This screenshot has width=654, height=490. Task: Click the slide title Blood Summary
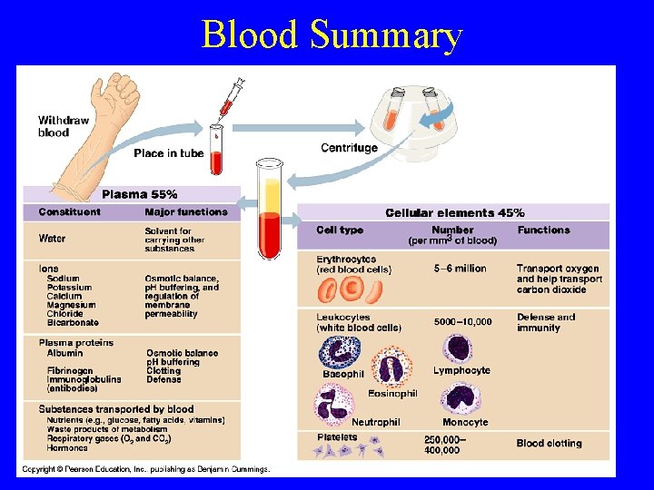332,34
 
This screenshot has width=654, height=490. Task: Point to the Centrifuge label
349,148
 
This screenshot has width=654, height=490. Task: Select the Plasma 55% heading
139,194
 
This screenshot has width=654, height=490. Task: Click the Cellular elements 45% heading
454,212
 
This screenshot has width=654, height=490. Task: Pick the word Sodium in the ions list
64,279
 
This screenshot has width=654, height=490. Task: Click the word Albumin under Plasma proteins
65,353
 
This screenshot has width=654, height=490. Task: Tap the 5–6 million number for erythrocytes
460,269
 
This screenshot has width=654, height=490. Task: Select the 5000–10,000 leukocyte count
462,321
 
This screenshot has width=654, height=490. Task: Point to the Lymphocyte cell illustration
456,349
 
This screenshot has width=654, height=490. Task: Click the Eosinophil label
392,393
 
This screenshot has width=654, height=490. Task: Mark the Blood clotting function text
549,443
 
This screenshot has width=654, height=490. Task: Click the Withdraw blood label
63,126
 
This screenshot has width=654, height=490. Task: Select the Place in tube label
168,153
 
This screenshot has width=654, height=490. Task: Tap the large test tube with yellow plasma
270,209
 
